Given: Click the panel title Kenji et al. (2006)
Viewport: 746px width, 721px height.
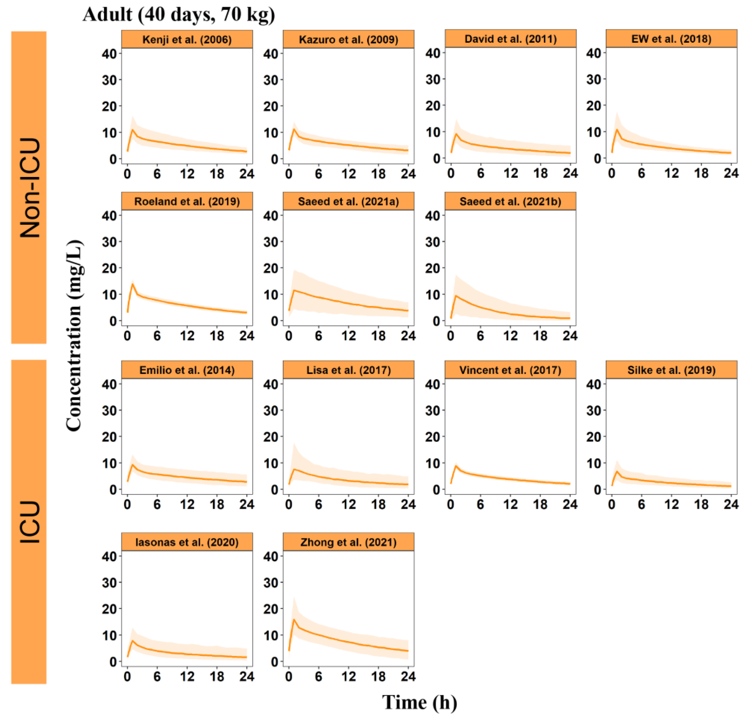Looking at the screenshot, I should (187, 40).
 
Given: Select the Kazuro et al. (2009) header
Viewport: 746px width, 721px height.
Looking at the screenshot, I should (348, 40).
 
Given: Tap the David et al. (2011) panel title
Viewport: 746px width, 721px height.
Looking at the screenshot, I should (510, 39).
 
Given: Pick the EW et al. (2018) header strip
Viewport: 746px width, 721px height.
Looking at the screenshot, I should (671, 39).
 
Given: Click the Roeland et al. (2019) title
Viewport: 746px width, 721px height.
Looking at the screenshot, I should (187, 201).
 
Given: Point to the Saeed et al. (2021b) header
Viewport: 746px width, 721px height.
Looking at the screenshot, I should (510, 201).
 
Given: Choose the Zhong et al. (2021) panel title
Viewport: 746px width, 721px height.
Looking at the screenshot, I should (348, 542).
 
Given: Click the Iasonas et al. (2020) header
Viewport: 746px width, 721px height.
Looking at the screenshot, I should (187, 542).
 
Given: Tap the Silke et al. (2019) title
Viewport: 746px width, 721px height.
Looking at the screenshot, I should (671, 370).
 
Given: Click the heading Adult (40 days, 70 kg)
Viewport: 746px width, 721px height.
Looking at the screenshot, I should (179, 14).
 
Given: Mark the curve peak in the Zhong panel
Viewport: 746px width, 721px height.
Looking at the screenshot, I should (294, 619).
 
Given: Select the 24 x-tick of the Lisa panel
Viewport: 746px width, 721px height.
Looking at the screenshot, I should (408, 505).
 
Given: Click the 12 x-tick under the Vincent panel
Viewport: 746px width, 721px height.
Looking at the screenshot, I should (510, 505).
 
